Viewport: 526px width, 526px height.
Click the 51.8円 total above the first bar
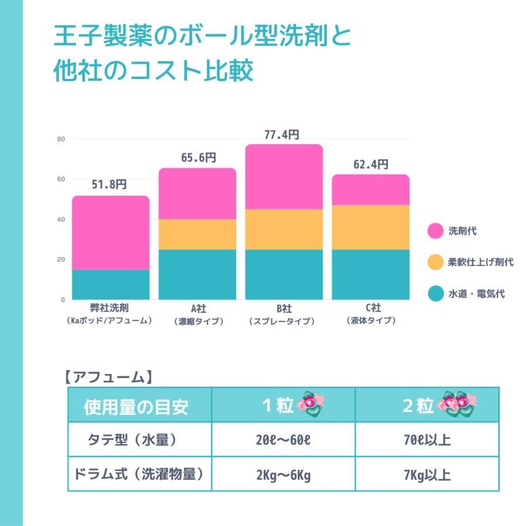click(109, 185)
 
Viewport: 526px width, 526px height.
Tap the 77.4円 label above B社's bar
click(282, 135)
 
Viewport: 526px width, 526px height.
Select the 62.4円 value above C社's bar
click(371, 165)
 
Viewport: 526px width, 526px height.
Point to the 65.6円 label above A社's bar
click(198, 158)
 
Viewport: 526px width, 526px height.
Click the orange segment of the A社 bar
click(198, 234)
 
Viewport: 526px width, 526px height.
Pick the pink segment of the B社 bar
click(284, 177)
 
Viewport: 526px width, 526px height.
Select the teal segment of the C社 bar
click(371, 274)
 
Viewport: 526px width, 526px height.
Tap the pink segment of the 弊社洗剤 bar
click(111, 233)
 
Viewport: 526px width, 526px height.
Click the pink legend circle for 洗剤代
click(435, 231)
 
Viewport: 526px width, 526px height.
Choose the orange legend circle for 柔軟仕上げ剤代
click(435, 262)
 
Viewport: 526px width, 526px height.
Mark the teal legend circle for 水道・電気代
click(435, 293)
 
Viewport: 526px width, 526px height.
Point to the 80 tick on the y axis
click(61, 139)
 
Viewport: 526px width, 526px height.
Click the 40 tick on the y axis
click(61, 219)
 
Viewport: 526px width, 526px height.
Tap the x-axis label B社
click(284, 308)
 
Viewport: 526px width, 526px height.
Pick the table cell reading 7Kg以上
click(427, 475)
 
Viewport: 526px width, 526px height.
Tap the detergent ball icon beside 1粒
click(311, 404)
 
